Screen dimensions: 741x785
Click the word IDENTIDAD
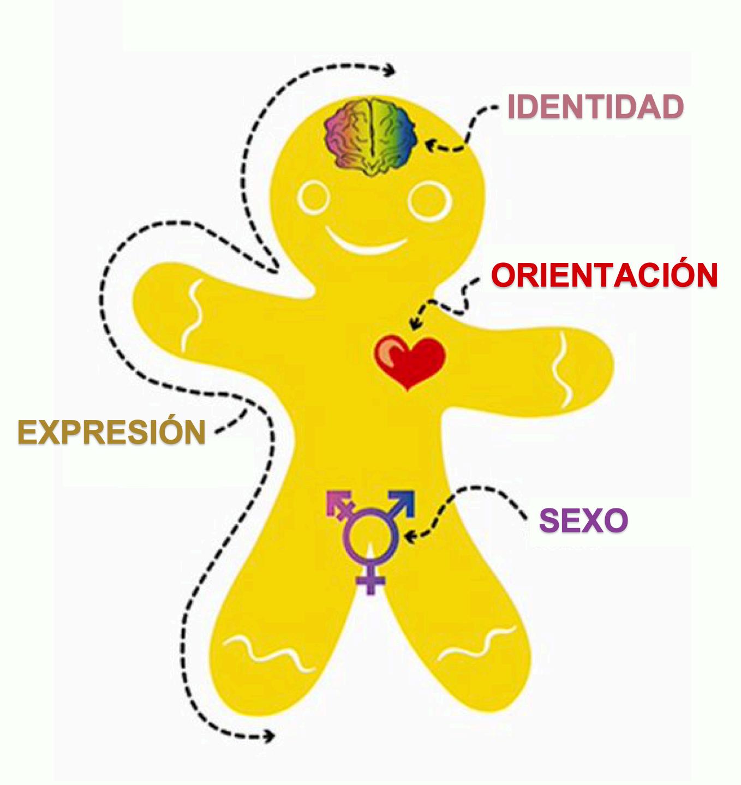tap(595, 107)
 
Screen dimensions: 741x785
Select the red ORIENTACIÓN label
tap(604, 275)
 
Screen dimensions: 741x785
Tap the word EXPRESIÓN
tap(112, 433)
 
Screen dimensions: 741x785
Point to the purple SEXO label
tap(583, 520)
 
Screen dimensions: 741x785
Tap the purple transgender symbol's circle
tap(369, 537)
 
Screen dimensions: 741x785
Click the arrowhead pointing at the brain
tap(431, 145)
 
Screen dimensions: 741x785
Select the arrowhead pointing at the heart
tap(414, 324)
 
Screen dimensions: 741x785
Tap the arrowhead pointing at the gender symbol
tap(411, 536)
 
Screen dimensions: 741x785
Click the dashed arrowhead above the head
tap(391, 70)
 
